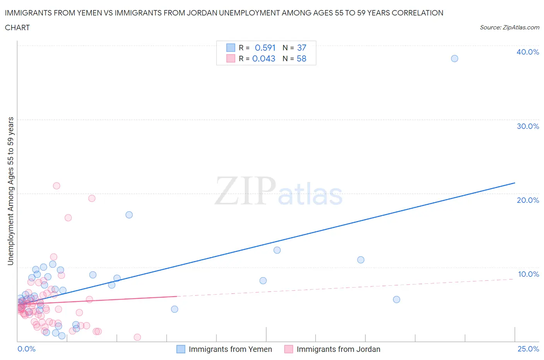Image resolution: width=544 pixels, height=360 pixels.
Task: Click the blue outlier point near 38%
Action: [x=455, y=58]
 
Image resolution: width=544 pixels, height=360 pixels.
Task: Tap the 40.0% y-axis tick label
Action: [x=528, y=52]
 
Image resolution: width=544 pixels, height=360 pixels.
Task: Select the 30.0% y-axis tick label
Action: [x=528, y=126]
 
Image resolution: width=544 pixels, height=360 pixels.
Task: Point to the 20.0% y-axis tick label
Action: [x=528, y=200]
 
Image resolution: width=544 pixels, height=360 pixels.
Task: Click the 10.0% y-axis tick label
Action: [x=528, y=274]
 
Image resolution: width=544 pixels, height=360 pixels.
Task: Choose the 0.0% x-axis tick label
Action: [x=26, y=349]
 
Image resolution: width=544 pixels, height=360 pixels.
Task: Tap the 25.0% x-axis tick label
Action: [x=528, y=349]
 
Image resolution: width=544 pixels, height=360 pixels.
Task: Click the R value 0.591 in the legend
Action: [x=265, y=48]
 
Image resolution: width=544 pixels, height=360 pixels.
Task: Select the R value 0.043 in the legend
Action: [x=263, y=58]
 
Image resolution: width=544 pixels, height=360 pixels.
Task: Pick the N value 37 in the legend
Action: [x=301, y=48]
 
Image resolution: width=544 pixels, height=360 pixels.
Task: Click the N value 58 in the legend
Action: [x=301, y=58]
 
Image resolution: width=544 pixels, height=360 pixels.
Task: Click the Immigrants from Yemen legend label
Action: [x=230, y=349]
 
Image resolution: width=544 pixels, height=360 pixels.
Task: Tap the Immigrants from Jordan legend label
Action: [x=338, y=349]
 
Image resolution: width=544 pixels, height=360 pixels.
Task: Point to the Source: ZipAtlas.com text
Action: [x=509, y=27]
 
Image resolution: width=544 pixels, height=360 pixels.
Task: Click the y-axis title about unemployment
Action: [x=11, y=191]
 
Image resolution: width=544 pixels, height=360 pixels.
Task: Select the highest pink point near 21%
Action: [x=56, y=186]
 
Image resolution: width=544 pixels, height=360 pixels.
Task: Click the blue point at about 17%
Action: [x=129, y=215]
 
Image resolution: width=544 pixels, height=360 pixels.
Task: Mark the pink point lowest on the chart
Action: [x=137, y=337]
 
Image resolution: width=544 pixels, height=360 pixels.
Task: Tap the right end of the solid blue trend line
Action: [x=515, y=183]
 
